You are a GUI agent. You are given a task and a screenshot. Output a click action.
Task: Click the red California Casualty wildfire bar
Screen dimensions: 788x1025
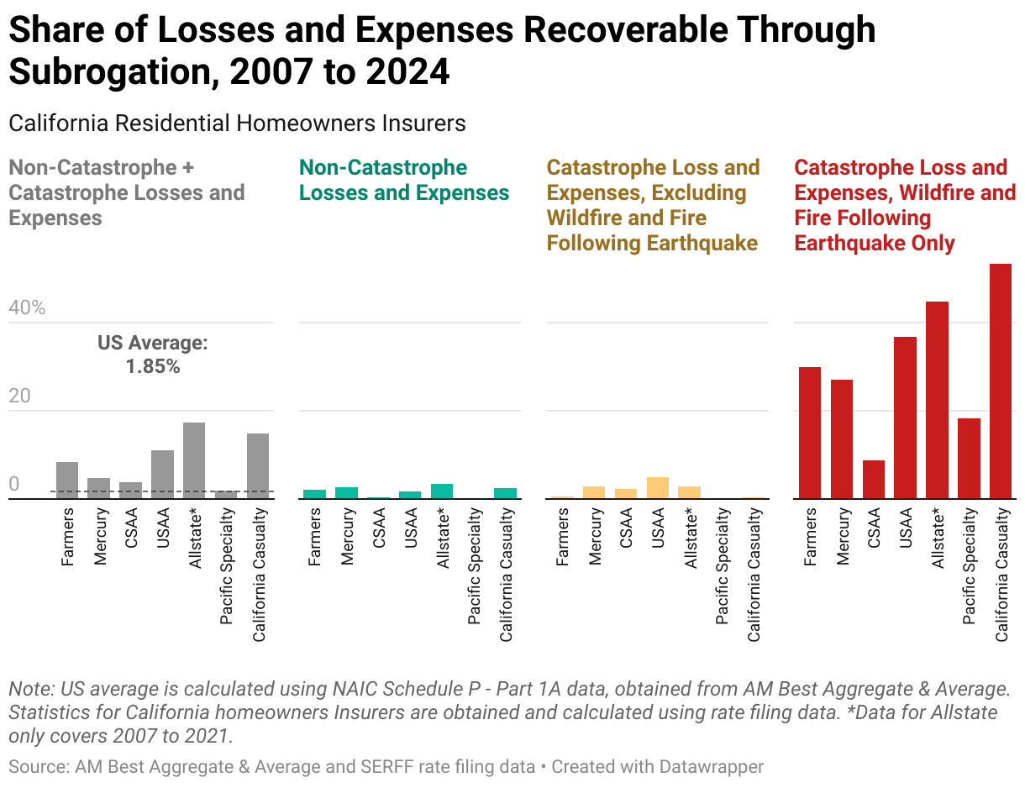tap(1000, 381)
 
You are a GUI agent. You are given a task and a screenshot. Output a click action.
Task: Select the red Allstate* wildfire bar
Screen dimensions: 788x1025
tap(936, 400)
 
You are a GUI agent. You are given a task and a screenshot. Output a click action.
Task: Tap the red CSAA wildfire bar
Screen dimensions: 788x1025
tap(873, 480)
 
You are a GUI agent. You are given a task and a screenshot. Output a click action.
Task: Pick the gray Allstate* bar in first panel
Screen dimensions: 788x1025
tap(194, 460)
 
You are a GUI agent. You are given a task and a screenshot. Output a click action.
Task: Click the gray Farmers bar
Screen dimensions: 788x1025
tap(67, 481)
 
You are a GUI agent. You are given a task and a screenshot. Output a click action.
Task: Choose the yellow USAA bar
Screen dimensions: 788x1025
tap(658, 488)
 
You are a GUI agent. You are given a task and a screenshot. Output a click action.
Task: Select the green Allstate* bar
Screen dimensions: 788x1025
tap(442, 491)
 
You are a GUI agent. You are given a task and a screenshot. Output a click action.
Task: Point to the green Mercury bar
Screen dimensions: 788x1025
tap(346, 493)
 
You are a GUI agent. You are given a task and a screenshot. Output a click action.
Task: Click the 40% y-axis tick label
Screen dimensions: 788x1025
tap(27, 308)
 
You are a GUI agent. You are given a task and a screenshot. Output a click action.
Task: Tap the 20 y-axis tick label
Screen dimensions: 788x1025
tap(20, 396)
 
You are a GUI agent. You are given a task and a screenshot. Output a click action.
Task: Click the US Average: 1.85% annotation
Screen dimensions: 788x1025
tap(152, 355)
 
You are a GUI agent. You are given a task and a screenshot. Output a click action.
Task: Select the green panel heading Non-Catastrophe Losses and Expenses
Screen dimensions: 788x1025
tap(404, 180)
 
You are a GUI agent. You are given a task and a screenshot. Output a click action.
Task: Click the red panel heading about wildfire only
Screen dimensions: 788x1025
tap(904, 205)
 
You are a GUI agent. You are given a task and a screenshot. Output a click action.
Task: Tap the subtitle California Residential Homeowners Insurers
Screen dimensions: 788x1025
tap(237, 123)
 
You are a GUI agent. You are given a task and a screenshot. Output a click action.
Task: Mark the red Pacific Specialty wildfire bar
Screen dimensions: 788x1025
tap(968, 459)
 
